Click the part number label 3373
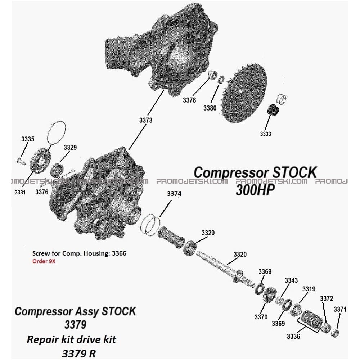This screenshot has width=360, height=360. click(x=146, y=120)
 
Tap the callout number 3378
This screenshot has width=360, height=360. click(x=189, y=100)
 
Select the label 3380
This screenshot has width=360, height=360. click(x=210, y=108)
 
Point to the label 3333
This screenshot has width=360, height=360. click(x=265, y=134)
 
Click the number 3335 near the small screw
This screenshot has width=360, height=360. click(x=28, y=139)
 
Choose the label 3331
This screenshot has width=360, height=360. click(x=20, y=192)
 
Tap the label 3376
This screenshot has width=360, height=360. click(x=42, y=192)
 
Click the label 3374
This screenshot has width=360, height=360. click(x=174, y=194)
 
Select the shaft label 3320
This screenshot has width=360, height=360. click(x=240, y=254)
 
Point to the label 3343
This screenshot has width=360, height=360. click(x=291, y=280)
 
